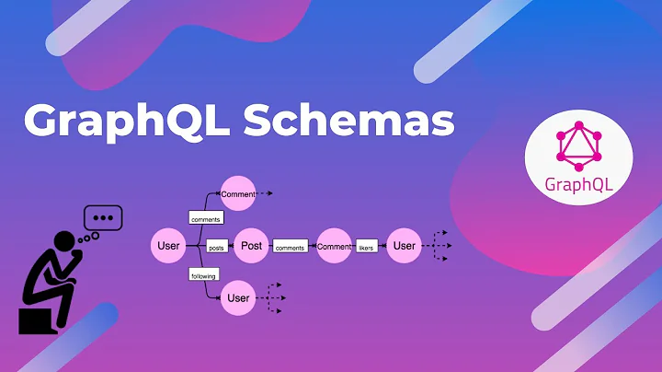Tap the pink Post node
251,246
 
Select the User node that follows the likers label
405,246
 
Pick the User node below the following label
238,297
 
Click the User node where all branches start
168,246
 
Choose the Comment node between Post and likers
334,246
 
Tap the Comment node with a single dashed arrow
237,194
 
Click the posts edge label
216,247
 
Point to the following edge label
202,273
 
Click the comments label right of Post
290,247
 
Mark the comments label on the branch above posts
205,218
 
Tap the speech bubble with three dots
102,219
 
